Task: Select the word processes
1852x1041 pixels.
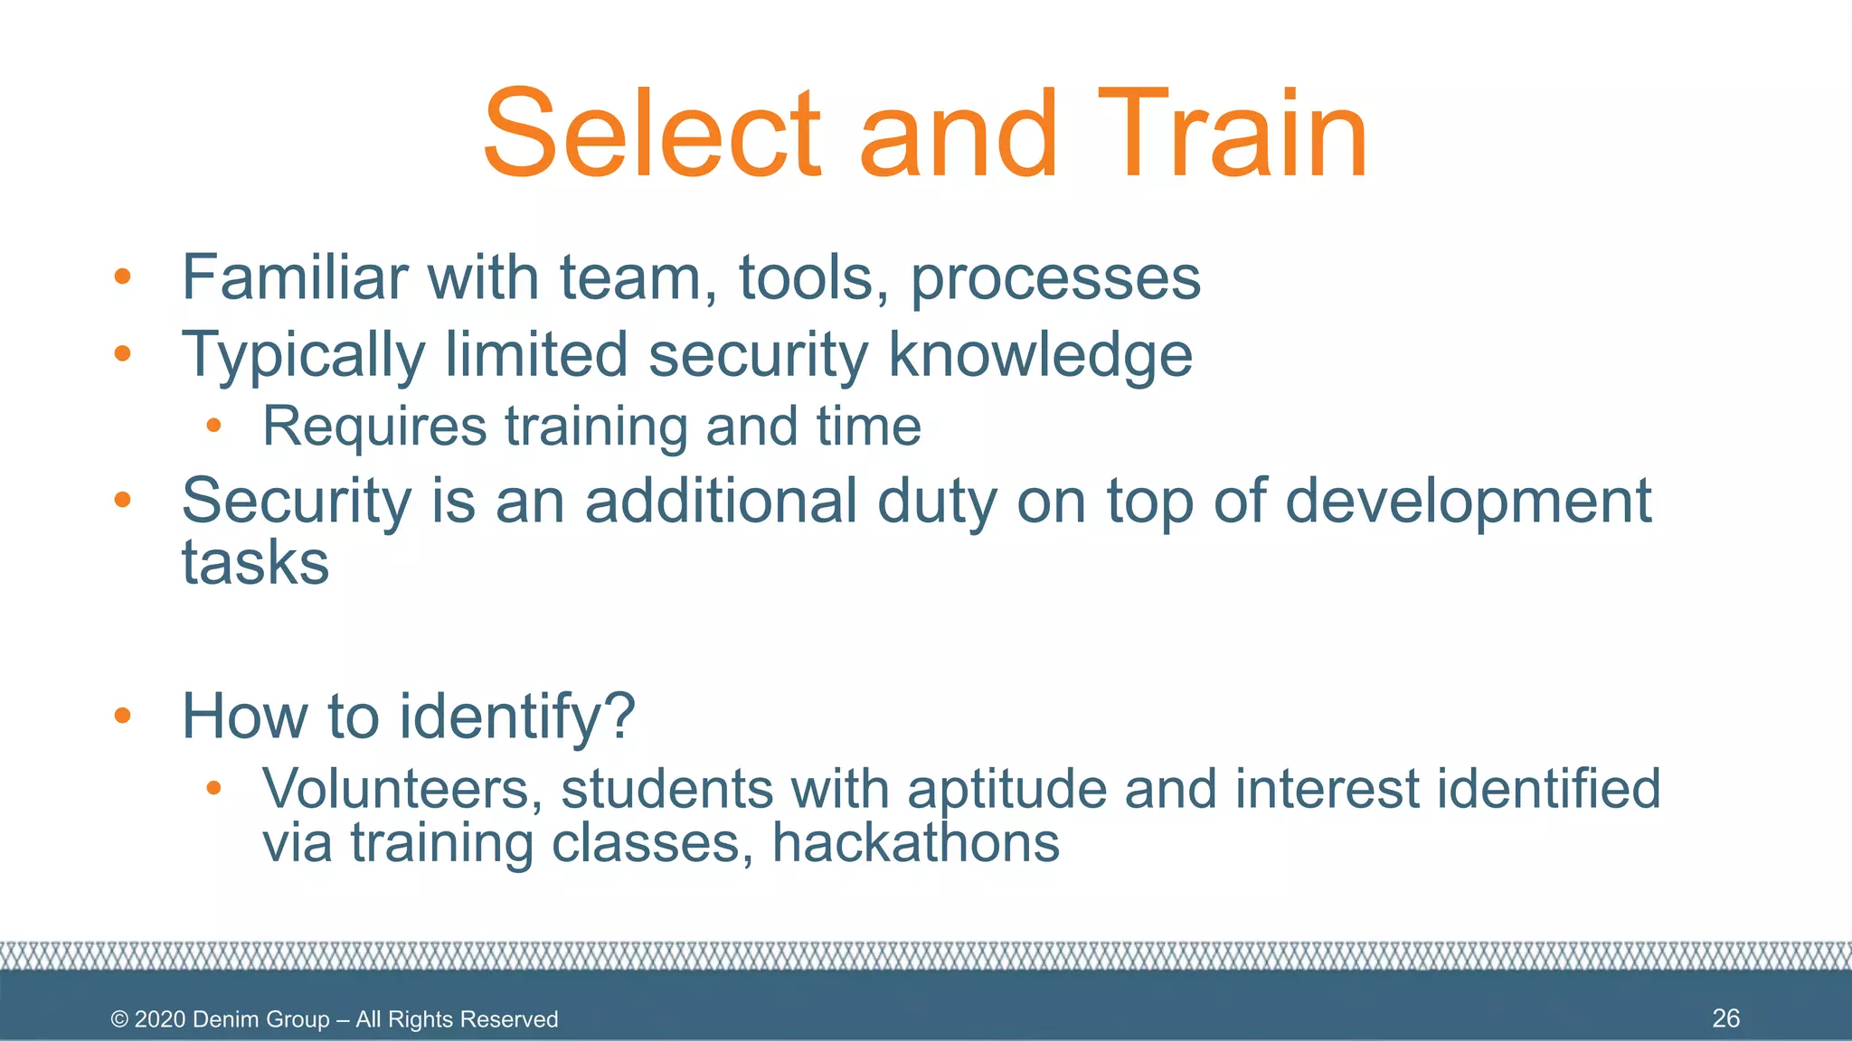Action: coord(1055,278)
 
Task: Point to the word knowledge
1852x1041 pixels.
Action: coord(1040,355)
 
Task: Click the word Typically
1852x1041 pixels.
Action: coord(303,355)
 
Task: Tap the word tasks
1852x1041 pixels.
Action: coord(255,562)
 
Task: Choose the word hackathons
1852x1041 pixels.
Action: coord(915,842)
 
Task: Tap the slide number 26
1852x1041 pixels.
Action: coord(1725,1018)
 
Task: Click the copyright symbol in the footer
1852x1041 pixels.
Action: coord(119,1019)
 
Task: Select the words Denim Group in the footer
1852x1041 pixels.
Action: coord(260,1019)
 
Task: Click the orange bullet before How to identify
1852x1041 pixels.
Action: coord(123,716)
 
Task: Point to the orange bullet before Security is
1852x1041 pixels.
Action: coord(123,499)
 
